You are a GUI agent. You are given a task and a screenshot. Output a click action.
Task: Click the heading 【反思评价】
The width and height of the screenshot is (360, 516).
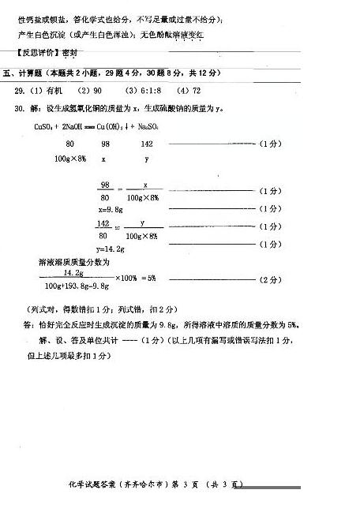pyautogui.click(x=37, y=52)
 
